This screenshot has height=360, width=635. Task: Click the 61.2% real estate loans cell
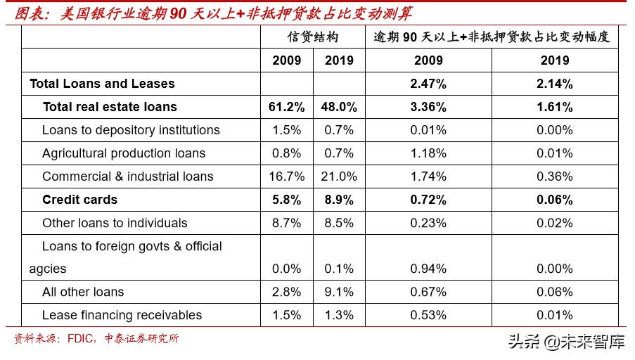point(286,107)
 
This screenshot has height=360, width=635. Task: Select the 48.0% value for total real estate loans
point(340,107)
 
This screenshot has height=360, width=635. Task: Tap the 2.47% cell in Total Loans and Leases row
point(428,84)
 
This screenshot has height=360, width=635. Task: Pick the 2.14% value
point(555,84)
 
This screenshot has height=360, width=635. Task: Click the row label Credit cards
point(80,200)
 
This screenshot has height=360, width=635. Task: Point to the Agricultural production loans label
point(124,153)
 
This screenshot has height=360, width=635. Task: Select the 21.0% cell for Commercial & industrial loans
point(340,176)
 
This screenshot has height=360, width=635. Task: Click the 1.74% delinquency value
point(428,176)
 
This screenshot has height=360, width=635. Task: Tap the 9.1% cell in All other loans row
point(340,292)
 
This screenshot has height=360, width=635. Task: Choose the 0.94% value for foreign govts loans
point(428,269)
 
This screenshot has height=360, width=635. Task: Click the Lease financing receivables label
point(122,315)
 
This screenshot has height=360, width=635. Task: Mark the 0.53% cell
point(428,315)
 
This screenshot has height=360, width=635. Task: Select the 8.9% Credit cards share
point(340,200)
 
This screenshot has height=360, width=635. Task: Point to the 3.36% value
point(428,107)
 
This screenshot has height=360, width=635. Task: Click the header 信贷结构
point(313,37)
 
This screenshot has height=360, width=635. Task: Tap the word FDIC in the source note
point(81,339)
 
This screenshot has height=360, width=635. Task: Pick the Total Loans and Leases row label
point(102,84)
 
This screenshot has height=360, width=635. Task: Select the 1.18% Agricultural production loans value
point(428,153)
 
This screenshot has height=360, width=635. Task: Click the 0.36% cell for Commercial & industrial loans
point(555,176)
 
